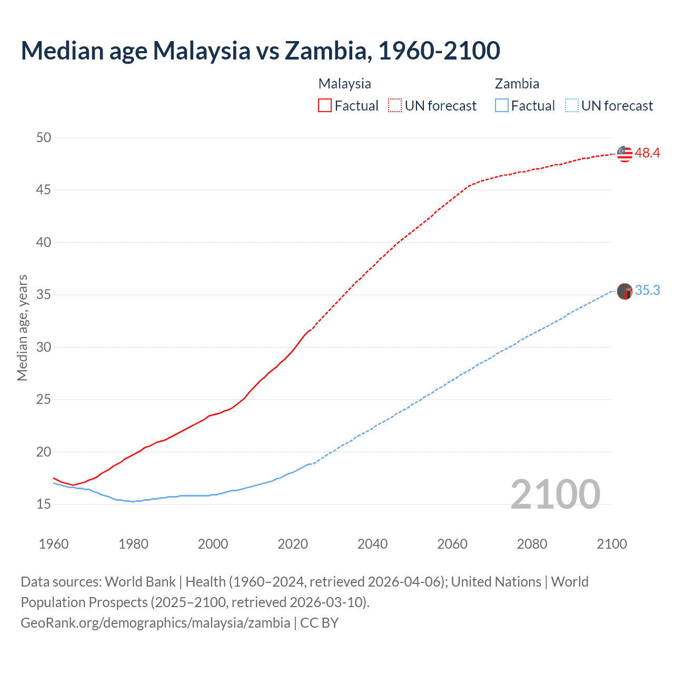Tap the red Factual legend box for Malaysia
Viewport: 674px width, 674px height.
[325, 105]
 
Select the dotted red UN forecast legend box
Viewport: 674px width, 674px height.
[395, 105]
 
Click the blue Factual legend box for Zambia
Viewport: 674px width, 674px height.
[502, 105]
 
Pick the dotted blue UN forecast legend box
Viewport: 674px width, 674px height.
[571, 105]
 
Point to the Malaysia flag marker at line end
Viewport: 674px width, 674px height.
[625, 154]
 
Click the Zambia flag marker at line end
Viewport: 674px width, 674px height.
[625, 291]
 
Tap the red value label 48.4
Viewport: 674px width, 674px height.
[647, 153]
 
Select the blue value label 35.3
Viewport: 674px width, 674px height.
[647, 291]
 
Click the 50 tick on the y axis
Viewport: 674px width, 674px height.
[44, 137]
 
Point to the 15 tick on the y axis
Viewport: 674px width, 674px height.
[44, 504]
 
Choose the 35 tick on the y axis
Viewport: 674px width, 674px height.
[44, 295]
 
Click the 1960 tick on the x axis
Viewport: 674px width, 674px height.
[54, 544]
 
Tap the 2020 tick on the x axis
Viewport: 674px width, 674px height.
[293, 544]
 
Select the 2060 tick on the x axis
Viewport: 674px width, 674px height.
[452, 544]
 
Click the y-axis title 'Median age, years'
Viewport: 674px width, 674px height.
[22, 328]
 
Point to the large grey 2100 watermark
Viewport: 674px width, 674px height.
[555, 494]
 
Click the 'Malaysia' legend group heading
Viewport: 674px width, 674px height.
[344, 84]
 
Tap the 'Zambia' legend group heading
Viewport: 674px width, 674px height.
[517, 84]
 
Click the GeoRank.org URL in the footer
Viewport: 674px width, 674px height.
[155, 623]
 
